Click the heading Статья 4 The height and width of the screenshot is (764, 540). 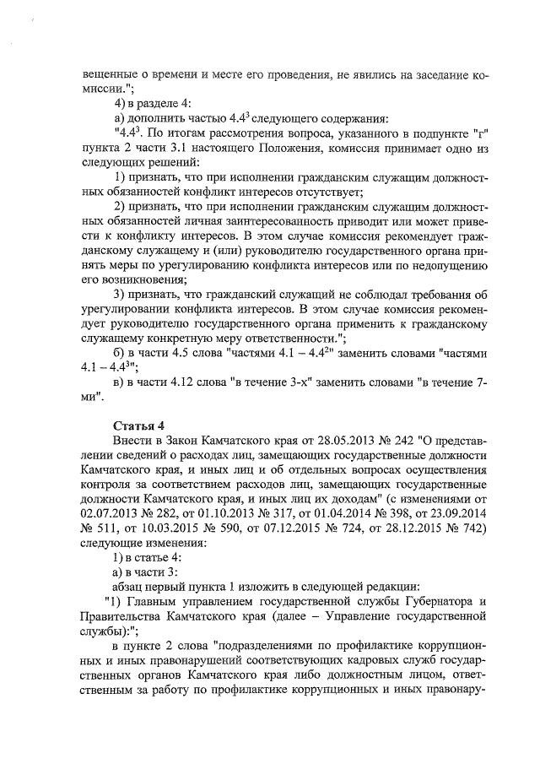coord(138,424)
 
